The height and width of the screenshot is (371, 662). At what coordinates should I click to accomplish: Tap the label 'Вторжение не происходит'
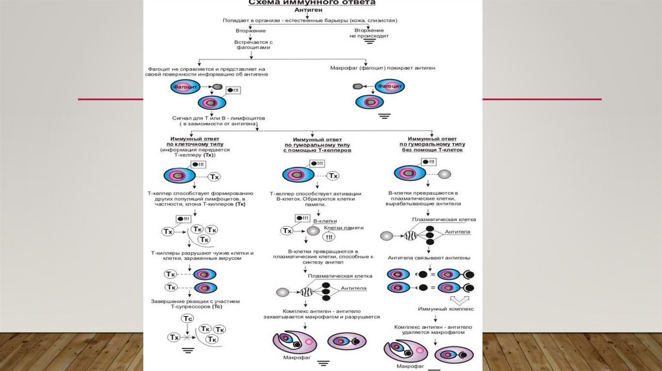[369, 33]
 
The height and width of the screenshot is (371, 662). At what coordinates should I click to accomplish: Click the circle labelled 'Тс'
[187, 319]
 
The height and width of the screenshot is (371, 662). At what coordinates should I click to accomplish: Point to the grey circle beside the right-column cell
[444, 173]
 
